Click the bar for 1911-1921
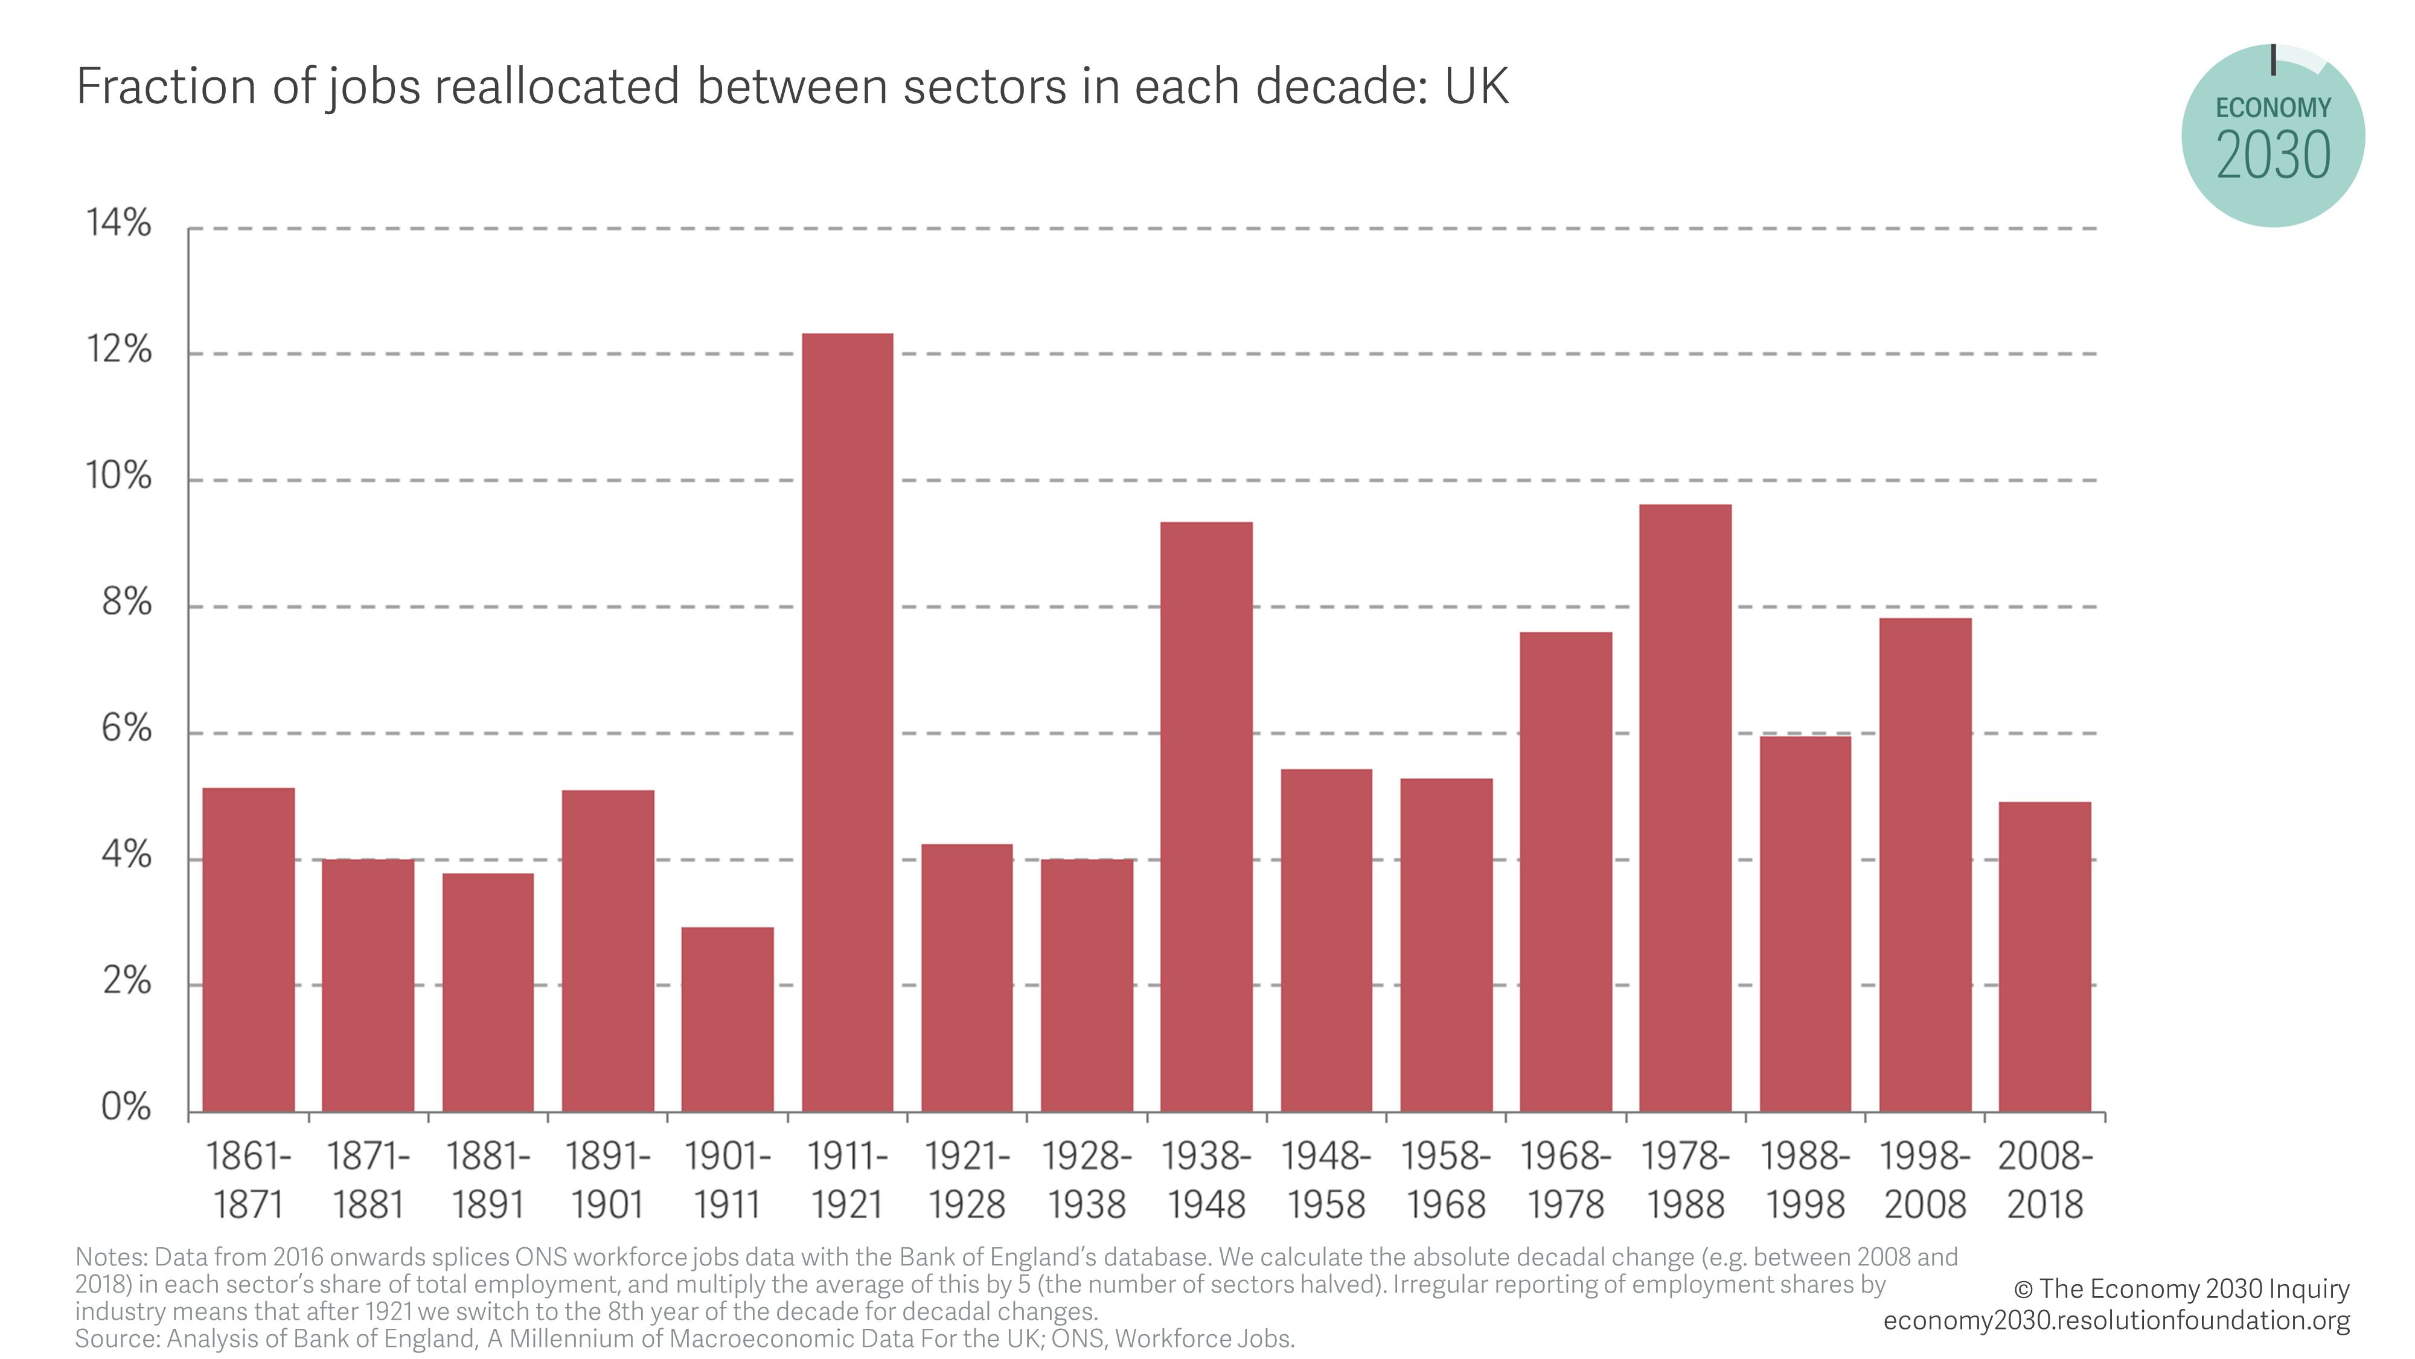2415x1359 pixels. (x=848, y=722)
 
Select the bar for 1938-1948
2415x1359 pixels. (x=1206, y=816)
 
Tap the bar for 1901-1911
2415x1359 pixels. (x=728, y=1020)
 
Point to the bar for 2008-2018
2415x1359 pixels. (x=2045, y=957)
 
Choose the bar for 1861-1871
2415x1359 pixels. (x=248, y=949)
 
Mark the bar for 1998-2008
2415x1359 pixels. (x=1925, y=865)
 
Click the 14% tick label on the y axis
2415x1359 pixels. (x=118, y=223)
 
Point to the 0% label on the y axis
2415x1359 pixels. (x=126, y=1107)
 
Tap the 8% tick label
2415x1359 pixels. (x=126, y=602)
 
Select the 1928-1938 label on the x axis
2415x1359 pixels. (x=1087, y=1180)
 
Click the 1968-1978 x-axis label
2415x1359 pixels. (x=1566, y=1180)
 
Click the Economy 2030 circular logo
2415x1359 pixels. (x=2273, y=136)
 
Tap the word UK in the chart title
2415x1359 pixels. (x=1477, y=86)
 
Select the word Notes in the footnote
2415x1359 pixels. (x=110, y=1257)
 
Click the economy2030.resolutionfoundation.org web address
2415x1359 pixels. (x=2117, y=1320)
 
